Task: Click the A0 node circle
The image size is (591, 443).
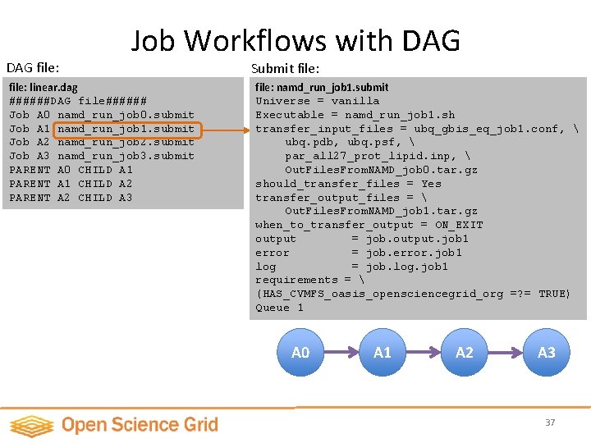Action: (x=300, y=353)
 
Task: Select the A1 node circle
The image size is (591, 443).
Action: (x=383, y=353)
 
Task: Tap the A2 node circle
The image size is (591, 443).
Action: (x=465, y=353)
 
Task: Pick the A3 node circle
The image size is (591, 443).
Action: (x=547, y=353)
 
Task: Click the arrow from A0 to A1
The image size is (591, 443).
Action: (x=341, y=353)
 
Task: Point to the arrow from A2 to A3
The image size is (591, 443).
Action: (x=506, y=353)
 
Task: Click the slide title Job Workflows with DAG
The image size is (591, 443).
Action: (x=295, y=40)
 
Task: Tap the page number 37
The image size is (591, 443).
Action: (x=550, y=422)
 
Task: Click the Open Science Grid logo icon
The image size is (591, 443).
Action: (x=30, y=425)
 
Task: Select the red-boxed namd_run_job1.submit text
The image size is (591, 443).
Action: (x=126, y=129)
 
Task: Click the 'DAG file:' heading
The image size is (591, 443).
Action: (x=33, y=67)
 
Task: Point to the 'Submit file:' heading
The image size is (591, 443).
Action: (x=285, y=68)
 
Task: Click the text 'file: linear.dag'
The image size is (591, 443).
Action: (x=44, y=87)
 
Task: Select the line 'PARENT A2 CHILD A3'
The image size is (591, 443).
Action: (x=71, y=198)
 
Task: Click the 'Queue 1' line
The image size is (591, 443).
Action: (x=279, y=308)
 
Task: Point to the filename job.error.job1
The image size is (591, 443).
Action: (x=414, y=253)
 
